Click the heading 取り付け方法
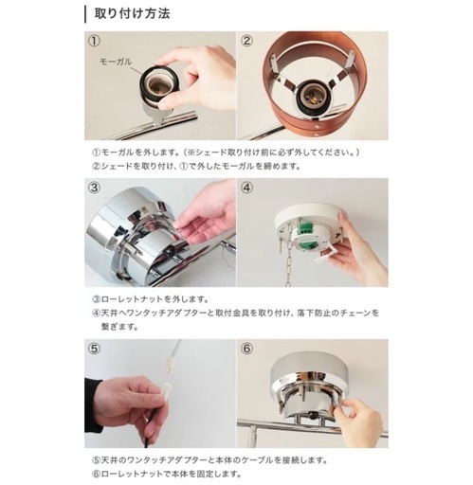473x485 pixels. coord(132,14)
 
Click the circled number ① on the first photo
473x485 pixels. coord(94,41)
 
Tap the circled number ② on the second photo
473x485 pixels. coord(247,41)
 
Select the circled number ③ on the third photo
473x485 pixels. coord(94,188)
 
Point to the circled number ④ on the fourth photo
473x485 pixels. coord(247,188)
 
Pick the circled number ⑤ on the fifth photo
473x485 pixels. coord(94,350)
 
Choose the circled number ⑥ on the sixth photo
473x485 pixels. coord(247,350)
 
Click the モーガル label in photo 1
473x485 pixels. coord(116,62)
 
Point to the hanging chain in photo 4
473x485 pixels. coord(288,264)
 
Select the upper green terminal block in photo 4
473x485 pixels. coord(306,228)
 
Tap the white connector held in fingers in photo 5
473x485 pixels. coord(166,392)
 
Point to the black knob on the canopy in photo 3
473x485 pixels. coord(169,251)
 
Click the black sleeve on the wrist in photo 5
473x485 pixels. coord(94,405)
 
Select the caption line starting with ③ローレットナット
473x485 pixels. coord(151,298)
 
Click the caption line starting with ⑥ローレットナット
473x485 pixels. coord(167,474)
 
